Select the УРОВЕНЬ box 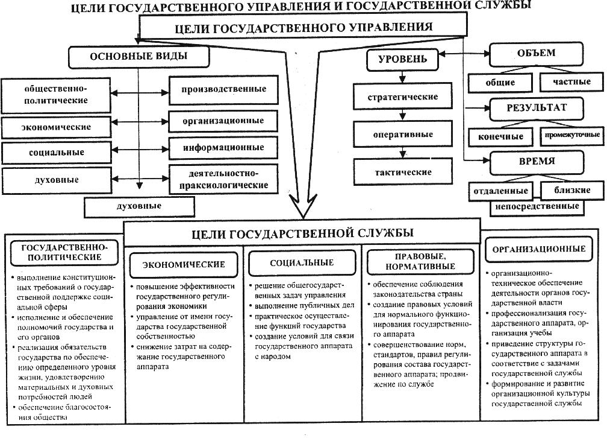[x=402, y=59]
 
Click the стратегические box [x=403, y=97]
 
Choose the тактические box [x=403, y=172]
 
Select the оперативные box [x=403, y=135]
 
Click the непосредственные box [x=537, y=206]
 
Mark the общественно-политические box [x=56, y=94]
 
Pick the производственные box [x=223, y=89]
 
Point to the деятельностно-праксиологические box [x=223, y=179]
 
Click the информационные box [x=223, y=147]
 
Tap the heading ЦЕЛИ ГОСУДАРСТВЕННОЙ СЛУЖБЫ [x=302, y=232]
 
